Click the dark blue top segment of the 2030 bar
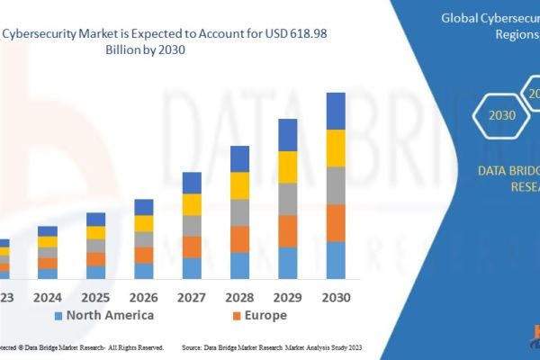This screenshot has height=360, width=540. click(336, 111)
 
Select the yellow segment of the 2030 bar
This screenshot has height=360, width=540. click(336, 148)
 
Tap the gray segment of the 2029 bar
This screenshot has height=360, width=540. click(288, 199)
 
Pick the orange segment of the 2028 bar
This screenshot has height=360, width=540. click(239, 238)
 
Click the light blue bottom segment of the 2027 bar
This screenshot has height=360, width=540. click(192, 268)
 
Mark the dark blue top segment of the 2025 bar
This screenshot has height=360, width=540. click(95, 219)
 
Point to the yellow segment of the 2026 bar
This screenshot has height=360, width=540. click(144, 223)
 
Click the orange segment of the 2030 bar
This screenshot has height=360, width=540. click(336, 223)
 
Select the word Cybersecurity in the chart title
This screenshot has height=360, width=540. click(45, 34)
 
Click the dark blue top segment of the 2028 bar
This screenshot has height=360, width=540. click(239, 158)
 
